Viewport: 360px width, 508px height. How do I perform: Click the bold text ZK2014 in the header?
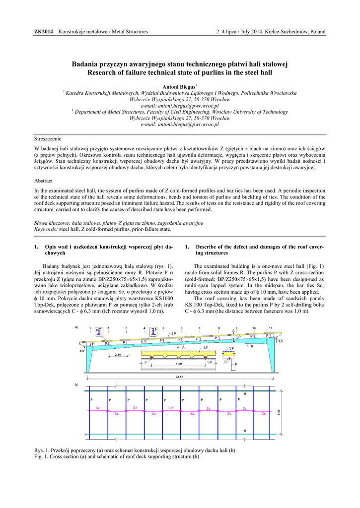tap(43, 32)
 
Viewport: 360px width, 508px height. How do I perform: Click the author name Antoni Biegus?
tap(179, 87)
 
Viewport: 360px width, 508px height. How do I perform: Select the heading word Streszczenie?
tap(48, 138)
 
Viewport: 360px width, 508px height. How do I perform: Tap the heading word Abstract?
tap(43, 181)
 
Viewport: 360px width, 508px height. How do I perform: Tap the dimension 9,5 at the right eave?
tap(280, 341)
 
